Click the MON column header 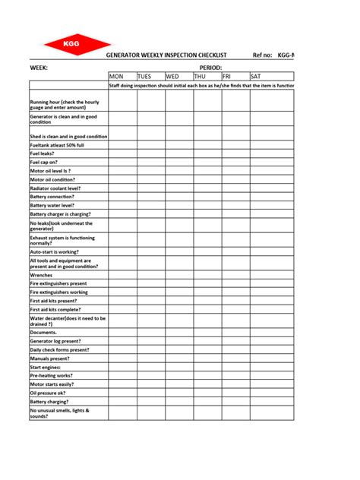point(116,77)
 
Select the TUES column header point(145,77)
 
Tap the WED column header point(173,77)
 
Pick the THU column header point(201,77)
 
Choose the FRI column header point(228,77)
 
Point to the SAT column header point(256,77)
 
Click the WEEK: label point(39,68)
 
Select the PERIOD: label point(210,68)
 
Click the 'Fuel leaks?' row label point(42,153)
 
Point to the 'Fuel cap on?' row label point(44,162)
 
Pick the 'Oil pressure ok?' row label point(48,393)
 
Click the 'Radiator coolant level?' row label point(56,188)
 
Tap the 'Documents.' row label point(43,333)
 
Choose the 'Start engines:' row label point(46,367)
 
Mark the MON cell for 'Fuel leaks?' point(122,153)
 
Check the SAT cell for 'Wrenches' point(271,275)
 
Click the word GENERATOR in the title point(124,55)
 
